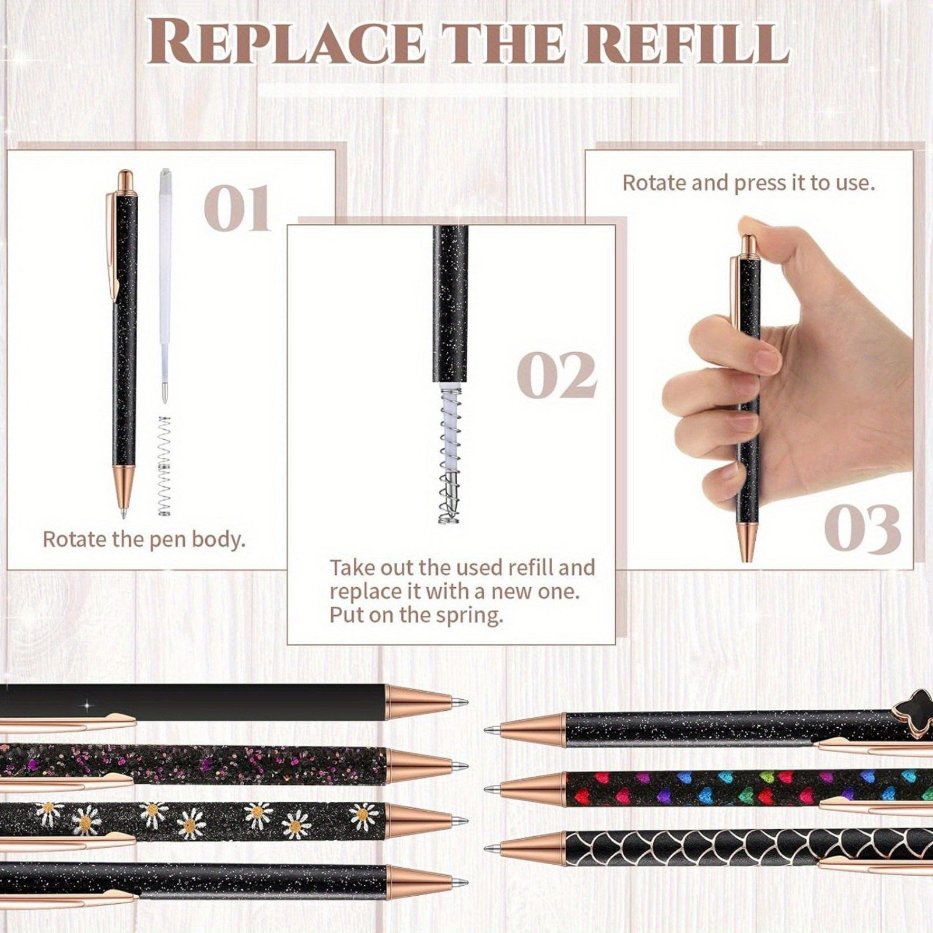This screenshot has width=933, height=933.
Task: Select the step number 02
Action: click(557, 376)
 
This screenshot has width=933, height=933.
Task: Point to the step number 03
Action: click(862, 529)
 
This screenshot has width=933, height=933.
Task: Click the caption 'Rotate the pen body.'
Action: click(144, 539)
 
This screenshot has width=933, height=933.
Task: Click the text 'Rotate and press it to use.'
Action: click(749, 183)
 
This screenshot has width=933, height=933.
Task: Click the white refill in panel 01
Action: click(166, 286)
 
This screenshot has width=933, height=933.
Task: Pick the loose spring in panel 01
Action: click(165, 466)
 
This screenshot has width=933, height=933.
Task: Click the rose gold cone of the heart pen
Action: click(533, 788)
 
